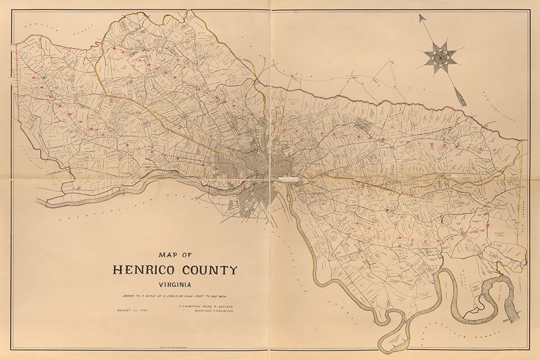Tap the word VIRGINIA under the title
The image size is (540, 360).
[175, 284]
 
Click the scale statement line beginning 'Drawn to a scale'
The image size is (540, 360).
[175, 296]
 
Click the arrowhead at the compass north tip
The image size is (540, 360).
[422, 17]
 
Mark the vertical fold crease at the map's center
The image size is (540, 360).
[270, 100]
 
